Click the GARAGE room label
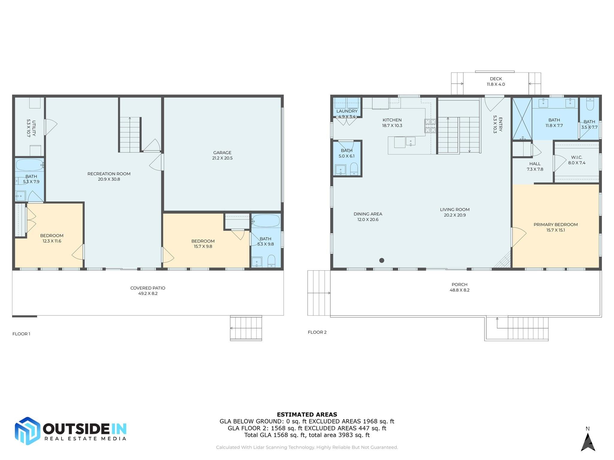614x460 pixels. pos(222,155)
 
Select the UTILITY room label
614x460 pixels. pos(31,128)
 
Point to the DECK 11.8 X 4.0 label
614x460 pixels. pos(496,81)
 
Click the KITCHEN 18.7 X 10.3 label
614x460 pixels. pos(392,123)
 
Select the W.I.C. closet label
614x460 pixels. pos(577,160)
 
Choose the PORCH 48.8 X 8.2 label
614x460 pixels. pos(459,287)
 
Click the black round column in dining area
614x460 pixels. pos(382,260)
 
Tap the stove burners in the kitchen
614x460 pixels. pos(430,126)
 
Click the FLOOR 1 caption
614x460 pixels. pos(21,334)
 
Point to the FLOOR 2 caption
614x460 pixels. pos(317,332)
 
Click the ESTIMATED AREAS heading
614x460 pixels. pos(307,414)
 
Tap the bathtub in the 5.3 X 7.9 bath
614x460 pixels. pos(29,165)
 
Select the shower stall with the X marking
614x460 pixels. pos(522,119)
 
